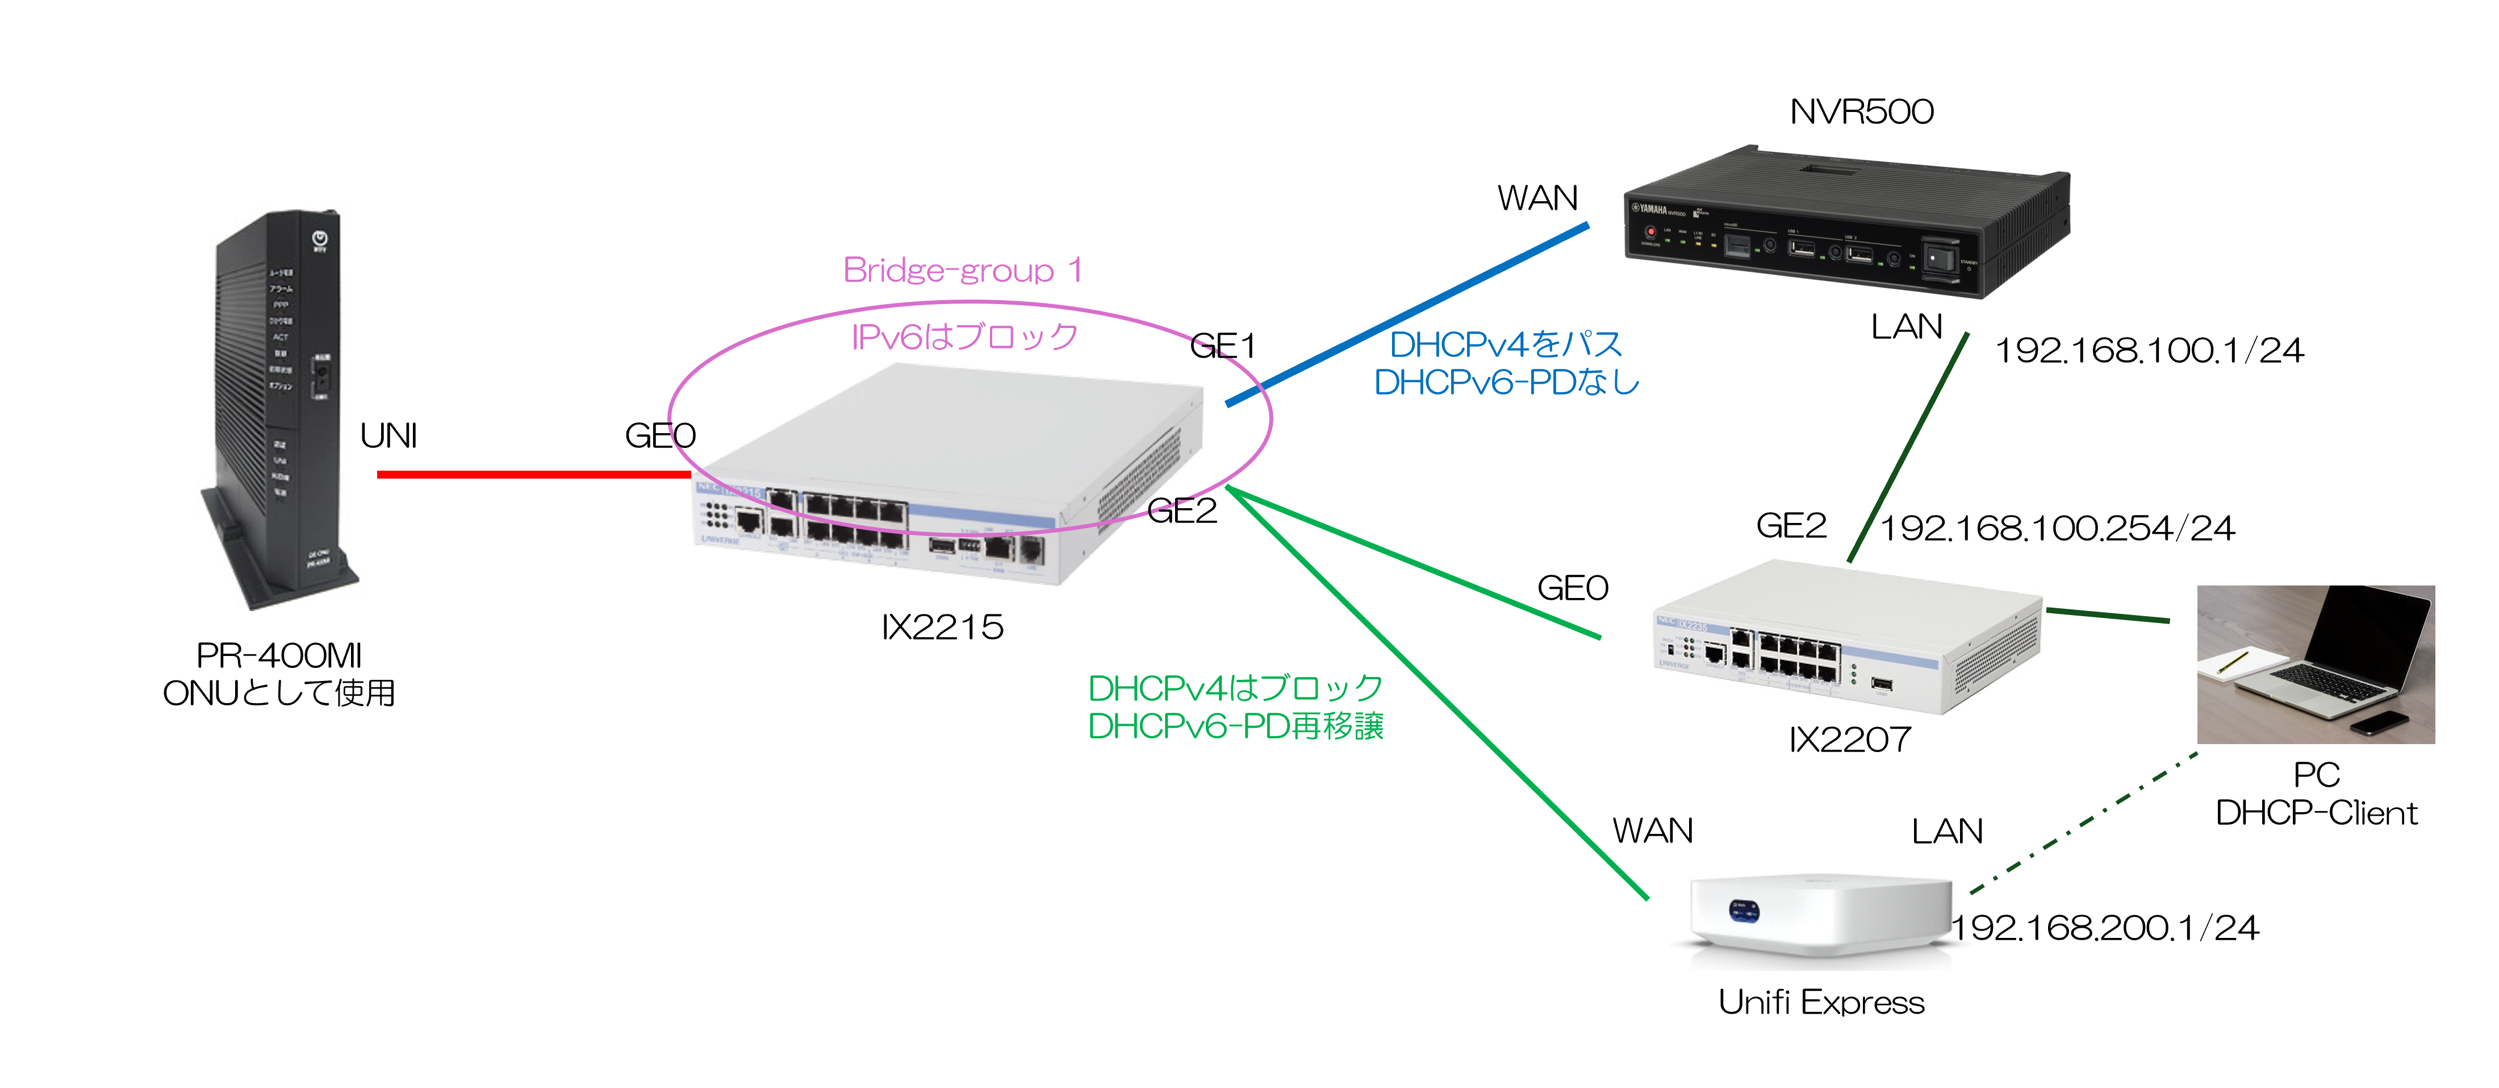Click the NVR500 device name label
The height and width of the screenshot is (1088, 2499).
coord(1861,111)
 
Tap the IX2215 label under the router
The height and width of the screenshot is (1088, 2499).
coord(941,627)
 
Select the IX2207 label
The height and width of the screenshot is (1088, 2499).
coord(1849,740)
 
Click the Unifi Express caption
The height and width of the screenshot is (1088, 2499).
coord(1821,1002)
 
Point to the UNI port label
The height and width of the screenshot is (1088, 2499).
coord(388,436)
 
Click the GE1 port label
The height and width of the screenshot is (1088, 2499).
coord(1222,346)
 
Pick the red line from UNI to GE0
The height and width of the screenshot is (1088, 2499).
coord(533,474)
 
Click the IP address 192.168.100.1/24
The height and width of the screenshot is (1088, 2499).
coord(2148,350)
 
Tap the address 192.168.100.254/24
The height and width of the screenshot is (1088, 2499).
coord(2057,528)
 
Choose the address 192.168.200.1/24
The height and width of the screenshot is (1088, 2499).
coord(2105,928)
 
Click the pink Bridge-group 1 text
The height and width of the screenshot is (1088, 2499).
coord(962,270)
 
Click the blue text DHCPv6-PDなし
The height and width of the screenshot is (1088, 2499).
coord(1506,383)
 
